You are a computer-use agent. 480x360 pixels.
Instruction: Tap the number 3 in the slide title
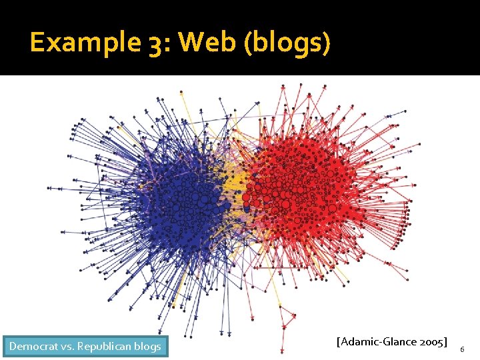click(x=158, y=43)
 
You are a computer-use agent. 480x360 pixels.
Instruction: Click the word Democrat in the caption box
click(x=34, y=346)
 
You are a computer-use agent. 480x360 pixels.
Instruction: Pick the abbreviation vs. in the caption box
click(x=68, y=346)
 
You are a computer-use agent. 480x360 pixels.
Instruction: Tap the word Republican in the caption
click(x=104, y=346)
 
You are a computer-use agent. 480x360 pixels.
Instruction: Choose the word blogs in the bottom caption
click(x=147, y=346)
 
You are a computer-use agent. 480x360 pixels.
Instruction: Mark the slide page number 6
click(x=463, y=349)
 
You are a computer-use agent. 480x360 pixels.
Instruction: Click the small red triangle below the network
click(x=287, y=316)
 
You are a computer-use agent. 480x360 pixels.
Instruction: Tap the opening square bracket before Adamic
click(x=339, y=342)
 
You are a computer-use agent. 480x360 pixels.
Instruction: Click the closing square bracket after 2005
click(x=446, y=342)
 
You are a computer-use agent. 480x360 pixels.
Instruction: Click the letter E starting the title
click(x=38, y=43)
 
